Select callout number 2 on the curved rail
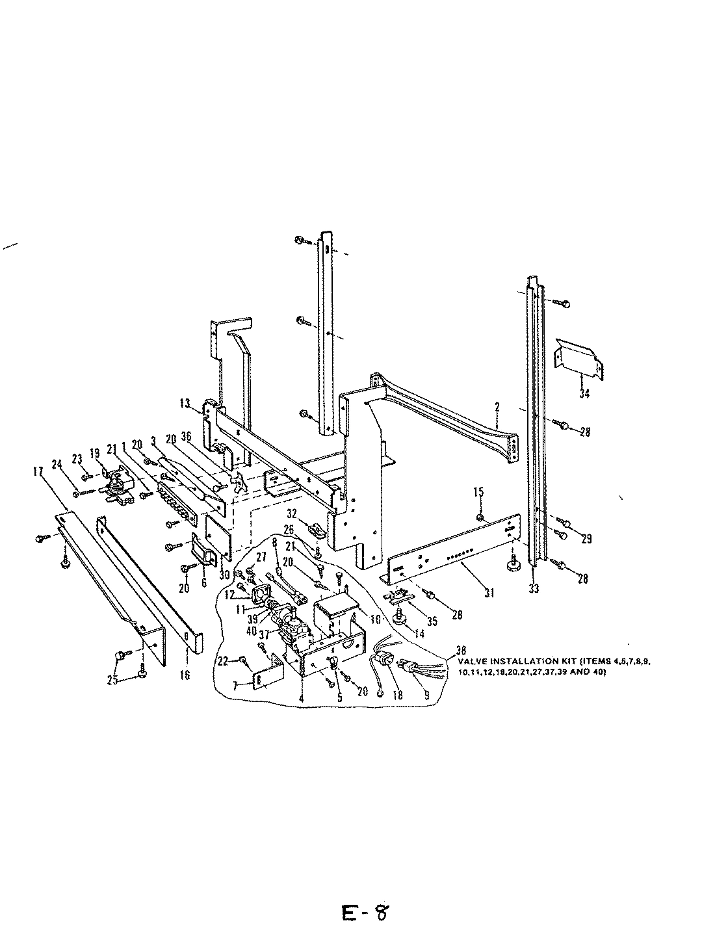click(x=497, y=408)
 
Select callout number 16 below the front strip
click(x=185, y=675)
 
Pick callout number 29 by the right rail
click(x=587, y=538)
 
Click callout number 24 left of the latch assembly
click(x=56, y=463)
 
